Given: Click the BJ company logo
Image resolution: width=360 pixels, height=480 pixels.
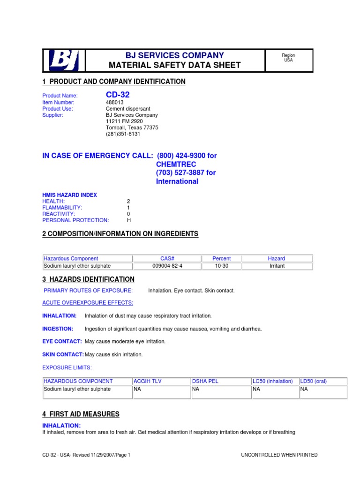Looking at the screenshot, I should coord(64,60).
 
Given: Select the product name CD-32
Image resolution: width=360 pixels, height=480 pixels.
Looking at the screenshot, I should coord(118,95).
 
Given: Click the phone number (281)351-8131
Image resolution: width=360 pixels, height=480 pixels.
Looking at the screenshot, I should coord(123,134).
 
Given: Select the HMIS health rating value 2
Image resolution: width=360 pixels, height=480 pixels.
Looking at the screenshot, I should coord(128,201).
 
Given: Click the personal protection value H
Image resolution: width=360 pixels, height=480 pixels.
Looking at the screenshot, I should coord(129,220).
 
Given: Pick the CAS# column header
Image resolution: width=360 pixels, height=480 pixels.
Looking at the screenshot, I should coord(167,258).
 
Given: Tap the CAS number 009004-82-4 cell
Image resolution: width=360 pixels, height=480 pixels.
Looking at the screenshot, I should coord(167,266).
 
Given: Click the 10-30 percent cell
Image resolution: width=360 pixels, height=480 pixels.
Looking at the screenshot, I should coord(221,266).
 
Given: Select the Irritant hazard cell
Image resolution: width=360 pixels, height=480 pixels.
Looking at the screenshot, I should coord(277,266).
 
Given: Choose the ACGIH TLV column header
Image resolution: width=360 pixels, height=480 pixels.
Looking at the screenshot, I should coord(147,381).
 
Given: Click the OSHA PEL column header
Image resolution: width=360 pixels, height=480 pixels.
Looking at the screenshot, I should coord(205,381).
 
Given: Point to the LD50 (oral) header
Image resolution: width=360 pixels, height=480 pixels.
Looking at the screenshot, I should coord(314,381).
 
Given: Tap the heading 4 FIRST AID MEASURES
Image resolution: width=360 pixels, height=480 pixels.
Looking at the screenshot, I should coord(81,414).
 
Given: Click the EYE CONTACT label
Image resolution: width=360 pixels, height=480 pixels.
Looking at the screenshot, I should coord(62,341).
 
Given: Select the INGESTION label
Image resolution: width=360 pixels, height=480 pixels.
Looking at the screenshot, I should coord(58,329).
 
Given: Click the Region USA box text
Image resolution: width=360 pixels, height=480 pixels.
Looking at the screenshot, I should coord(288,58).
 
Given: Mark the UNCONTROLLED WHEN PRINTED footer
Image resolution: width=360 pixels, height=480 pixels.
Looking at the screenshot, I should coord(279,455).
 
